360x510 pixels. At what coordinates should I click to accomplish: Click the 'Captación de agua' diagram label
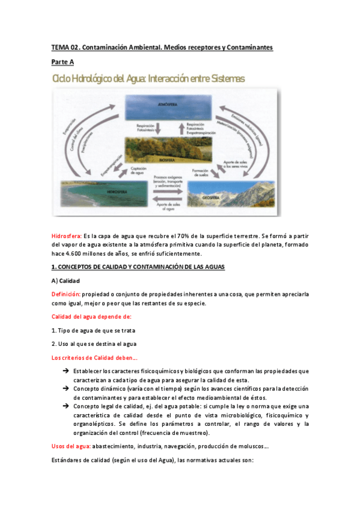click(x=138, y=172)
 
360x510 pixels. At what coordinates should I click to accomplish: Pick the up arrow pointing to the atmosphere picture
click(x=182, y=129)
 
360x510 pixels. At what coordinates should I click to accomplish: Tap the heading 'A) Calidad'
click(x=66, y=280)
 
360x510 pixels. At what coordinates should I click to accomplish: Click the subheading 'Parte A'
click(x=62, y=62)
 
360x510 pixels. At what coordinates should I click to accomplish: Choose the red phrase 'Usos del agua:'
click(x=71, y=446)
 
